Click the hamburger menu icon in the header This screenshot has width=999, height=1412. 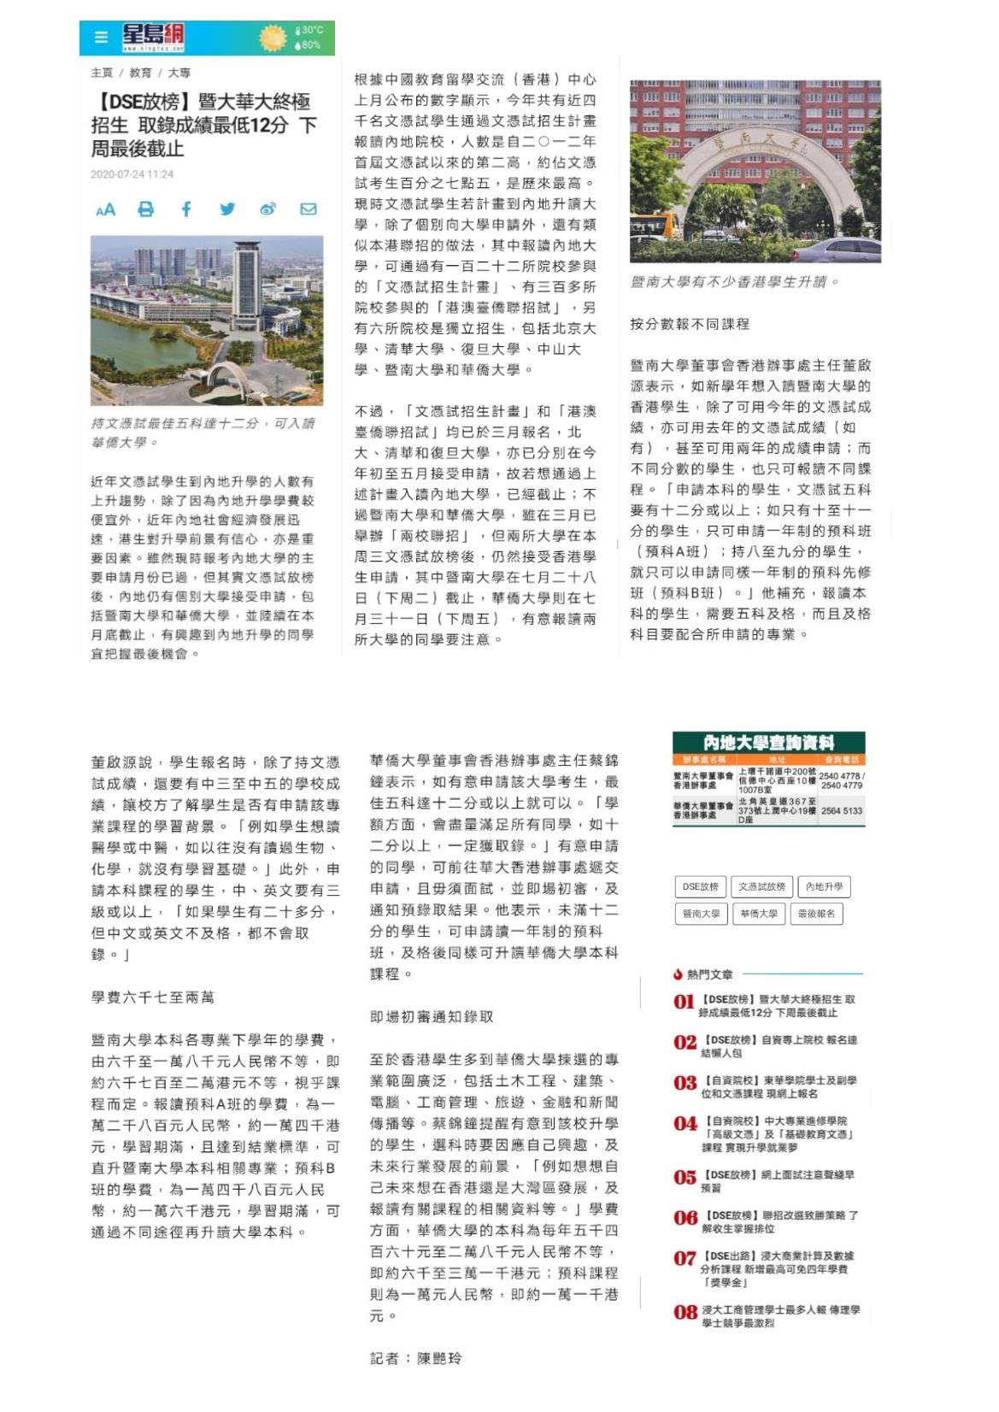(x=102, y=38)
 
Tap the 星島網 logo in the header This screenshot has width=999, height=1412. (x=152, y=38)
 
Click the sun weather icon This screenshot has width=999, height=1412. (x=273, y=38)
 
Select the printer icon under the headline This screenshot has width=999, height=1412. (x=146, y=209)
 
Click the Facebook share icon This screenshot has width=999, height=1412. (x=186, y=209)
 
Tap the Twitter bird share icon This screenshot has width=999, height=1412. (x=226, y=209)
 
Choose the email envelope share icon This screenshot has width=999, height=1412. (x=308, y=209)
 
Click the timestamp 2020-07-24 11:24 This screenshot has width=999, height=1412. (x=132, y=174)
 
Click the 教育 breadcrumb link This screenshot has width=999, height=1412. (x=140, y=74)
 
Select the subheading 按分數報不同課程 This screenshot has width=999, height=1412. (x=689, y=324)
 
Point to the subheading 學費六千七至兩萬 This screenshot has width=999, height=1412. (x=153, y=997)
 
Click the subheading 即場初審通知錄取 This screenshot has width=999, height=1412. (x=432, y=1016)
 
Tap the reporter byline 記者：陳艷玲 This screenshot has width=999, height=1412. (x=416, y=1358)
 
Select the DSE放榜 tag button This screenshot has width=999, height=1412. (x=700, y=886)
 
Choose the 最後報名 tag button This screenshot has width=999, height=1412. (x=818, y=913)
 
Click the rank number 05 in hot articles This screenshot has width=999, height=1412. (x=685, y=1178)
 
